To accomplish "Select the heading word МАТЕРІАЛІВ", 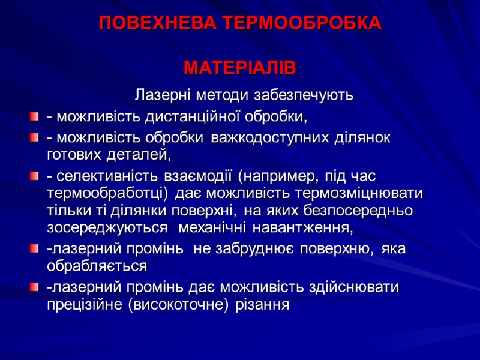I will tap(240, 68).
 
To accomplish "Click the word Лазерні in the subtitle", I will tap(157, 95).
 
